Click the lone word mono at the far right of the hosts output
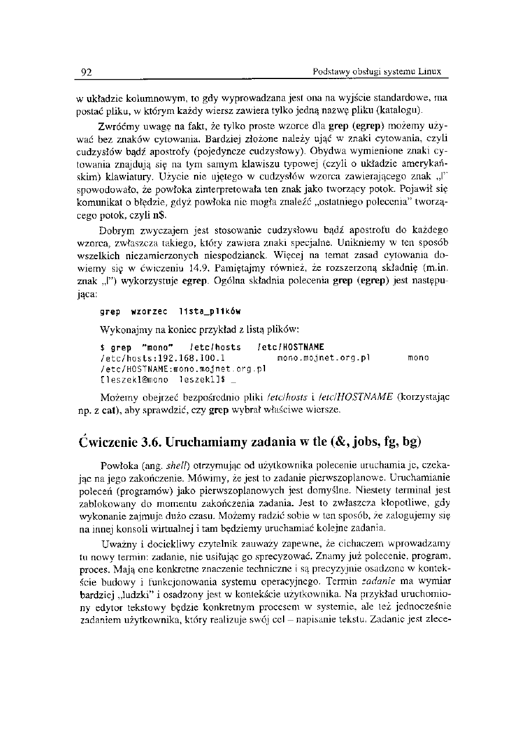click(418, 358)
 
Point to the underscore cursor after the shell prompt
click(232, 382)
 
